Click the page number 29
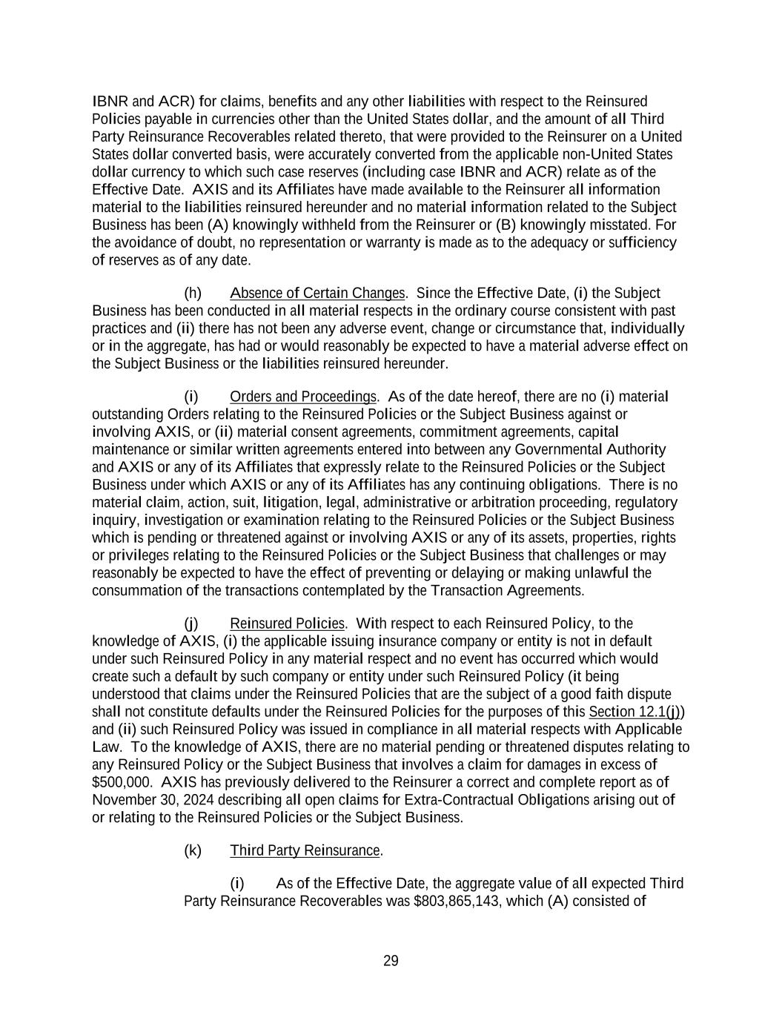click(x=391, y=961)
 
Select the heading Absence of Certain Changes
click(x=317, y=293)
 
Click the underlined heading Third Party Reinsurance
click(x=305, y=850)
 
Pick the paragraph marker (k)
click(x=193, y=850)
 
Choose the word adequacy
click(x=542, y=242)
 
